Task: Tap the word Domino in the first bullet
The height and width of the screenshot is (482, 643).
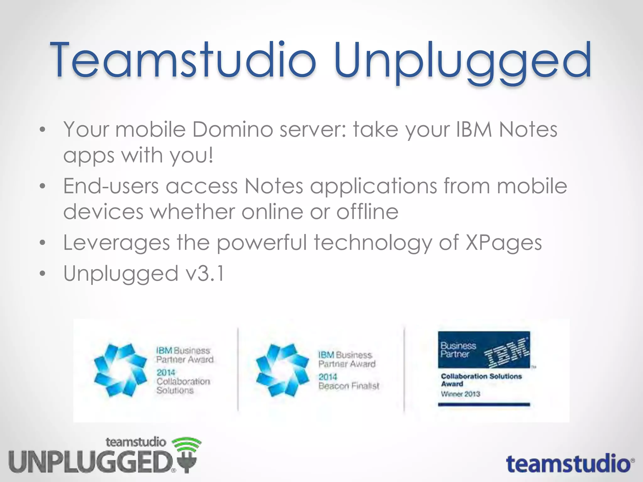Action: [x=232, y=129]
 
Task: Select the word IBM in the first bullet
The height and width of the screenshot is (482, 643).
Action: [x=473, y=129]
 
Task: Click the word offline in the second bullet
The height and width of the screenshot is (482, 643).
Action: [x=367, y=212]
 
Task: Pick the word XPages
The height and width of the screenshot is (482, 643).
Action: [x=504, y=243]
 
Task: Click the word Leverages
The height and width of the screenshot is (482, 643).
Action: [x=116, y=243]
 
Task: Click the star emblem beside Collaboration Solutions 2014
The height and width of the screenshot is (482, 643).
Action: [x=120, y=370]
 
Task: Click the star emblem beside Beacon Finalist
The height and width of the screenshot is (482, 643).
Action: [x=282, y=370]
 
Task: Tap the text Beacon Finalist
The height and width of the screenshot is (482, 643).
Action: [x=349, y=386]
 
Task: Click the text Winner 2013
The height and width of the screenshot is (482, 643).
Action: [x=460, y=394]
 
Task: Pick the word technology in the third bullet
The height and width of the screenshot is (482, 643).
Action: [x=373, y=243]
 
